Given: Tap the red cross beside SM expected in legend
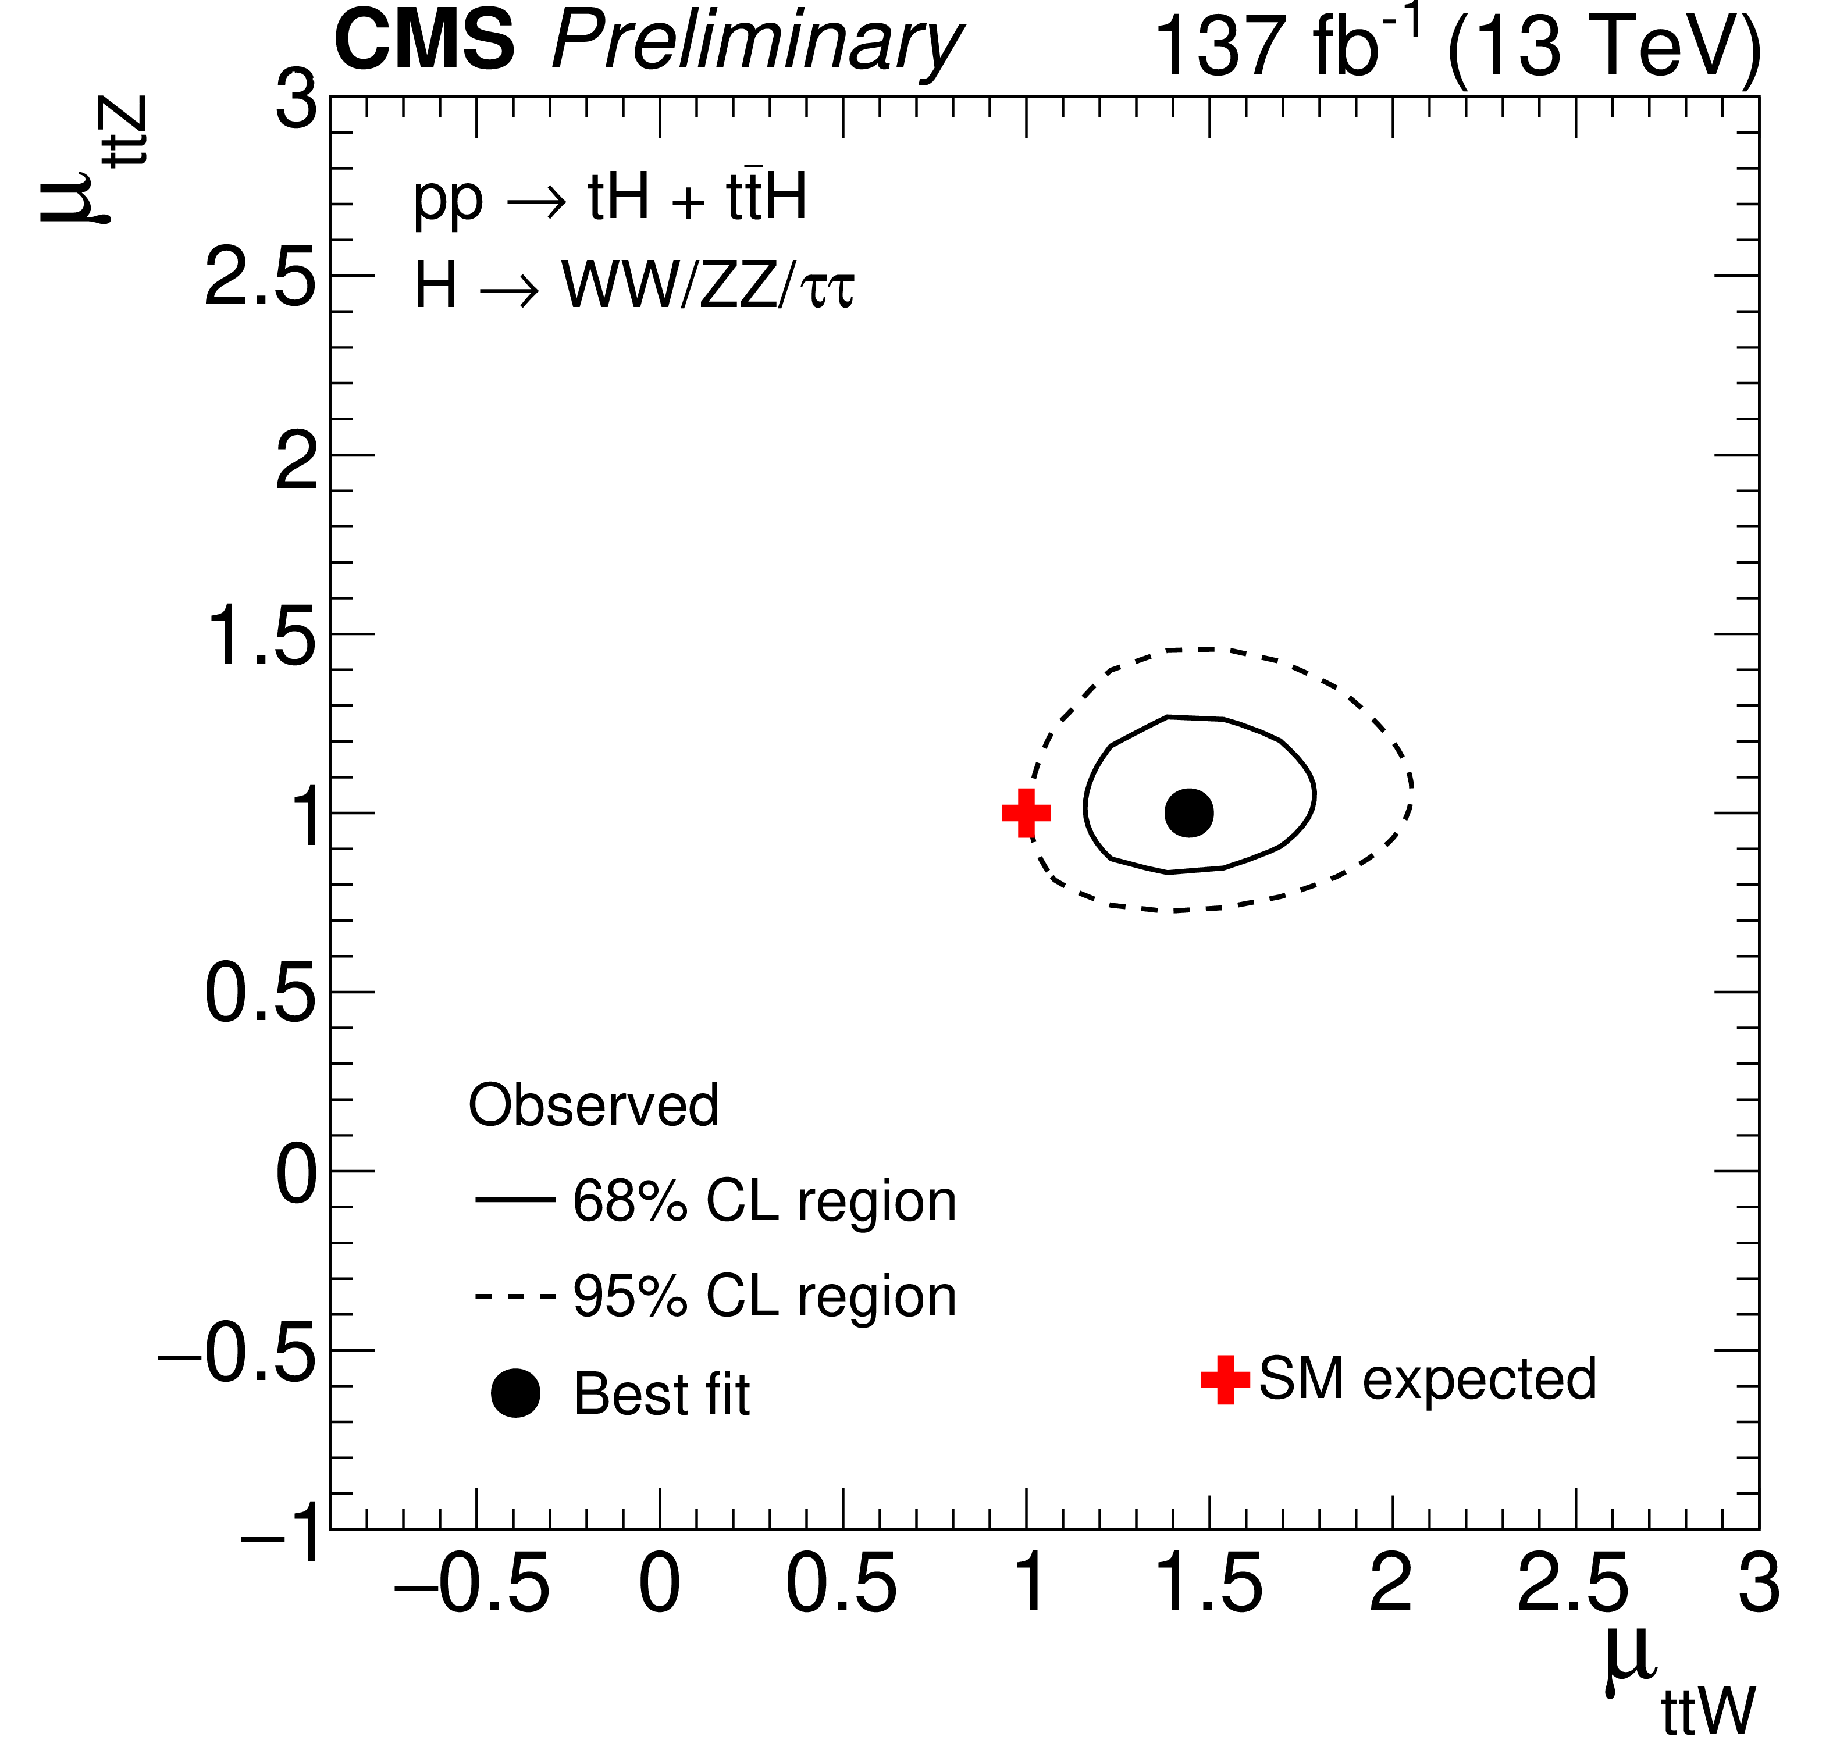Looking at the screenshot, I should (x=1225, y=1379).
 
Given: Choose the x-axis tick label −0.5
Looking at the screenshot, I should (x=472, y=1584).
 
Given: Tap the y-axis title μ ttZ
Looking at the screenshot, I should (x=94, y=159).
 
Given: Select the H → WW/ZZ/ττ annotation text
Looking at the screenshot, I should (x=633, y=284).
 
